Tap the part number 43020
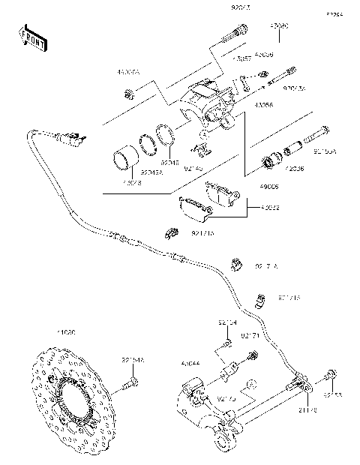(x=279, y=25)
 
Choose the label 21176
(x=307, y=409)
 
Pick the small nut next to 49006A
(x=129, y=94)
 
